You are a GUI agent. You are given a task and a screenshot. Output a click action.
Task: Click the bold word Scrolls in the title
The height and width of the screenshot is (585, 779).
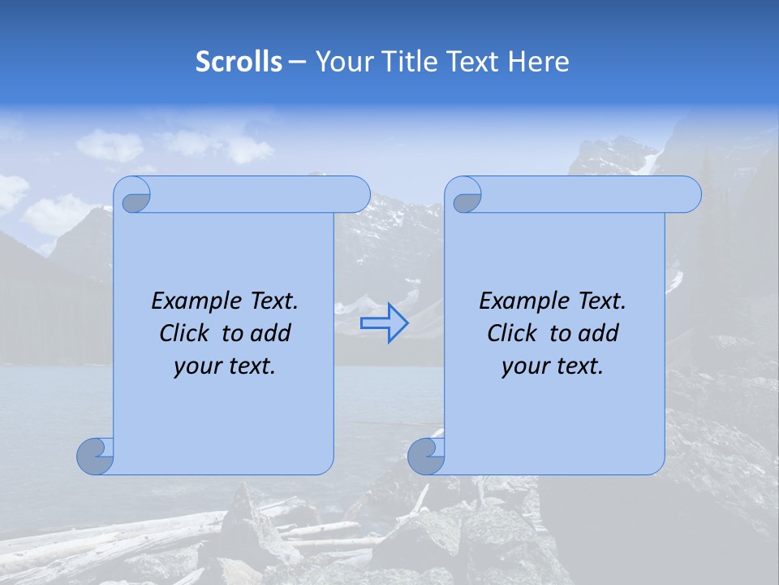239,62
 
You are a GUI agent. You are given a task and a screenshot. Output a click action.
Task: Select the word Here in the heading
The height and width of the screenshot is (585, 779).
539,62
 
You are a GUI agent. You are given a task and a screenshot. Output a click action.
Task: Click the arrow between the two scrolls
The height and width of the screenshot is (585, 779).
384,323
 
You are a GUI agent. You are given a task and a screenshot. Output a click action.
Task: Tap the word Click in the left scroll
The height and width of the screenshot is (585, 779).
183,333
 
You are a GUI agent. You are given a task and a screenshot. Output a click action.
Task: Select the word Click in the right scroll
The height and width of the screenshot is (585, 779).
511,333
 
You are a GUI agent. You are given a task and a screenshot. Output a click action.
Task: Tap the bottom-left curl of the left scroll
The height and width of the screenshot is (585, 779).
94,455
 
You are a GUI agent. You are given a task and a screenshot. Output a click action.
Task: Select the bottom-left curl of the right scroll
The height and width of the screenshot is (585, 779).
425,455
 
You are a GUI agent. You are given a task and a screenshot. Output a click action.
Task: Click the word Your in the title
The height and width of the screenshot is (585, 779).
342,62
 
